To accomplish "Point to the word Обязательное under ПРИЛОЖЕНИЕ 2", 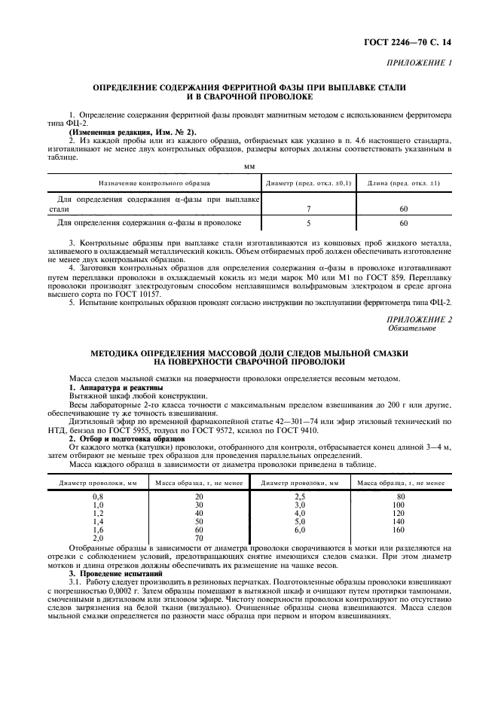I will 411,328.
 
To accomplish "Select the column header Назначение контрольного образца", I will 154,182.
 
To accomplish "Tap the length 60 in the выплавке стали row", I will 403,208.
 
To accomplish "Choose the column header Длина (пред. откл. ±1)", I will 403,182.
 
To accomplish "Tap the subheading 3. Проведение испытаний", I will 110,573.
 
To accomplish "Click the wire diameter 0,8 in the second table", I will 97,496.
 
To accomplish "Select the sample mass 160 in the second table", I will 399,530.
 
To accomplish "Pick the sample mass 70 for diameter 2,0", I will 199,538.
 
